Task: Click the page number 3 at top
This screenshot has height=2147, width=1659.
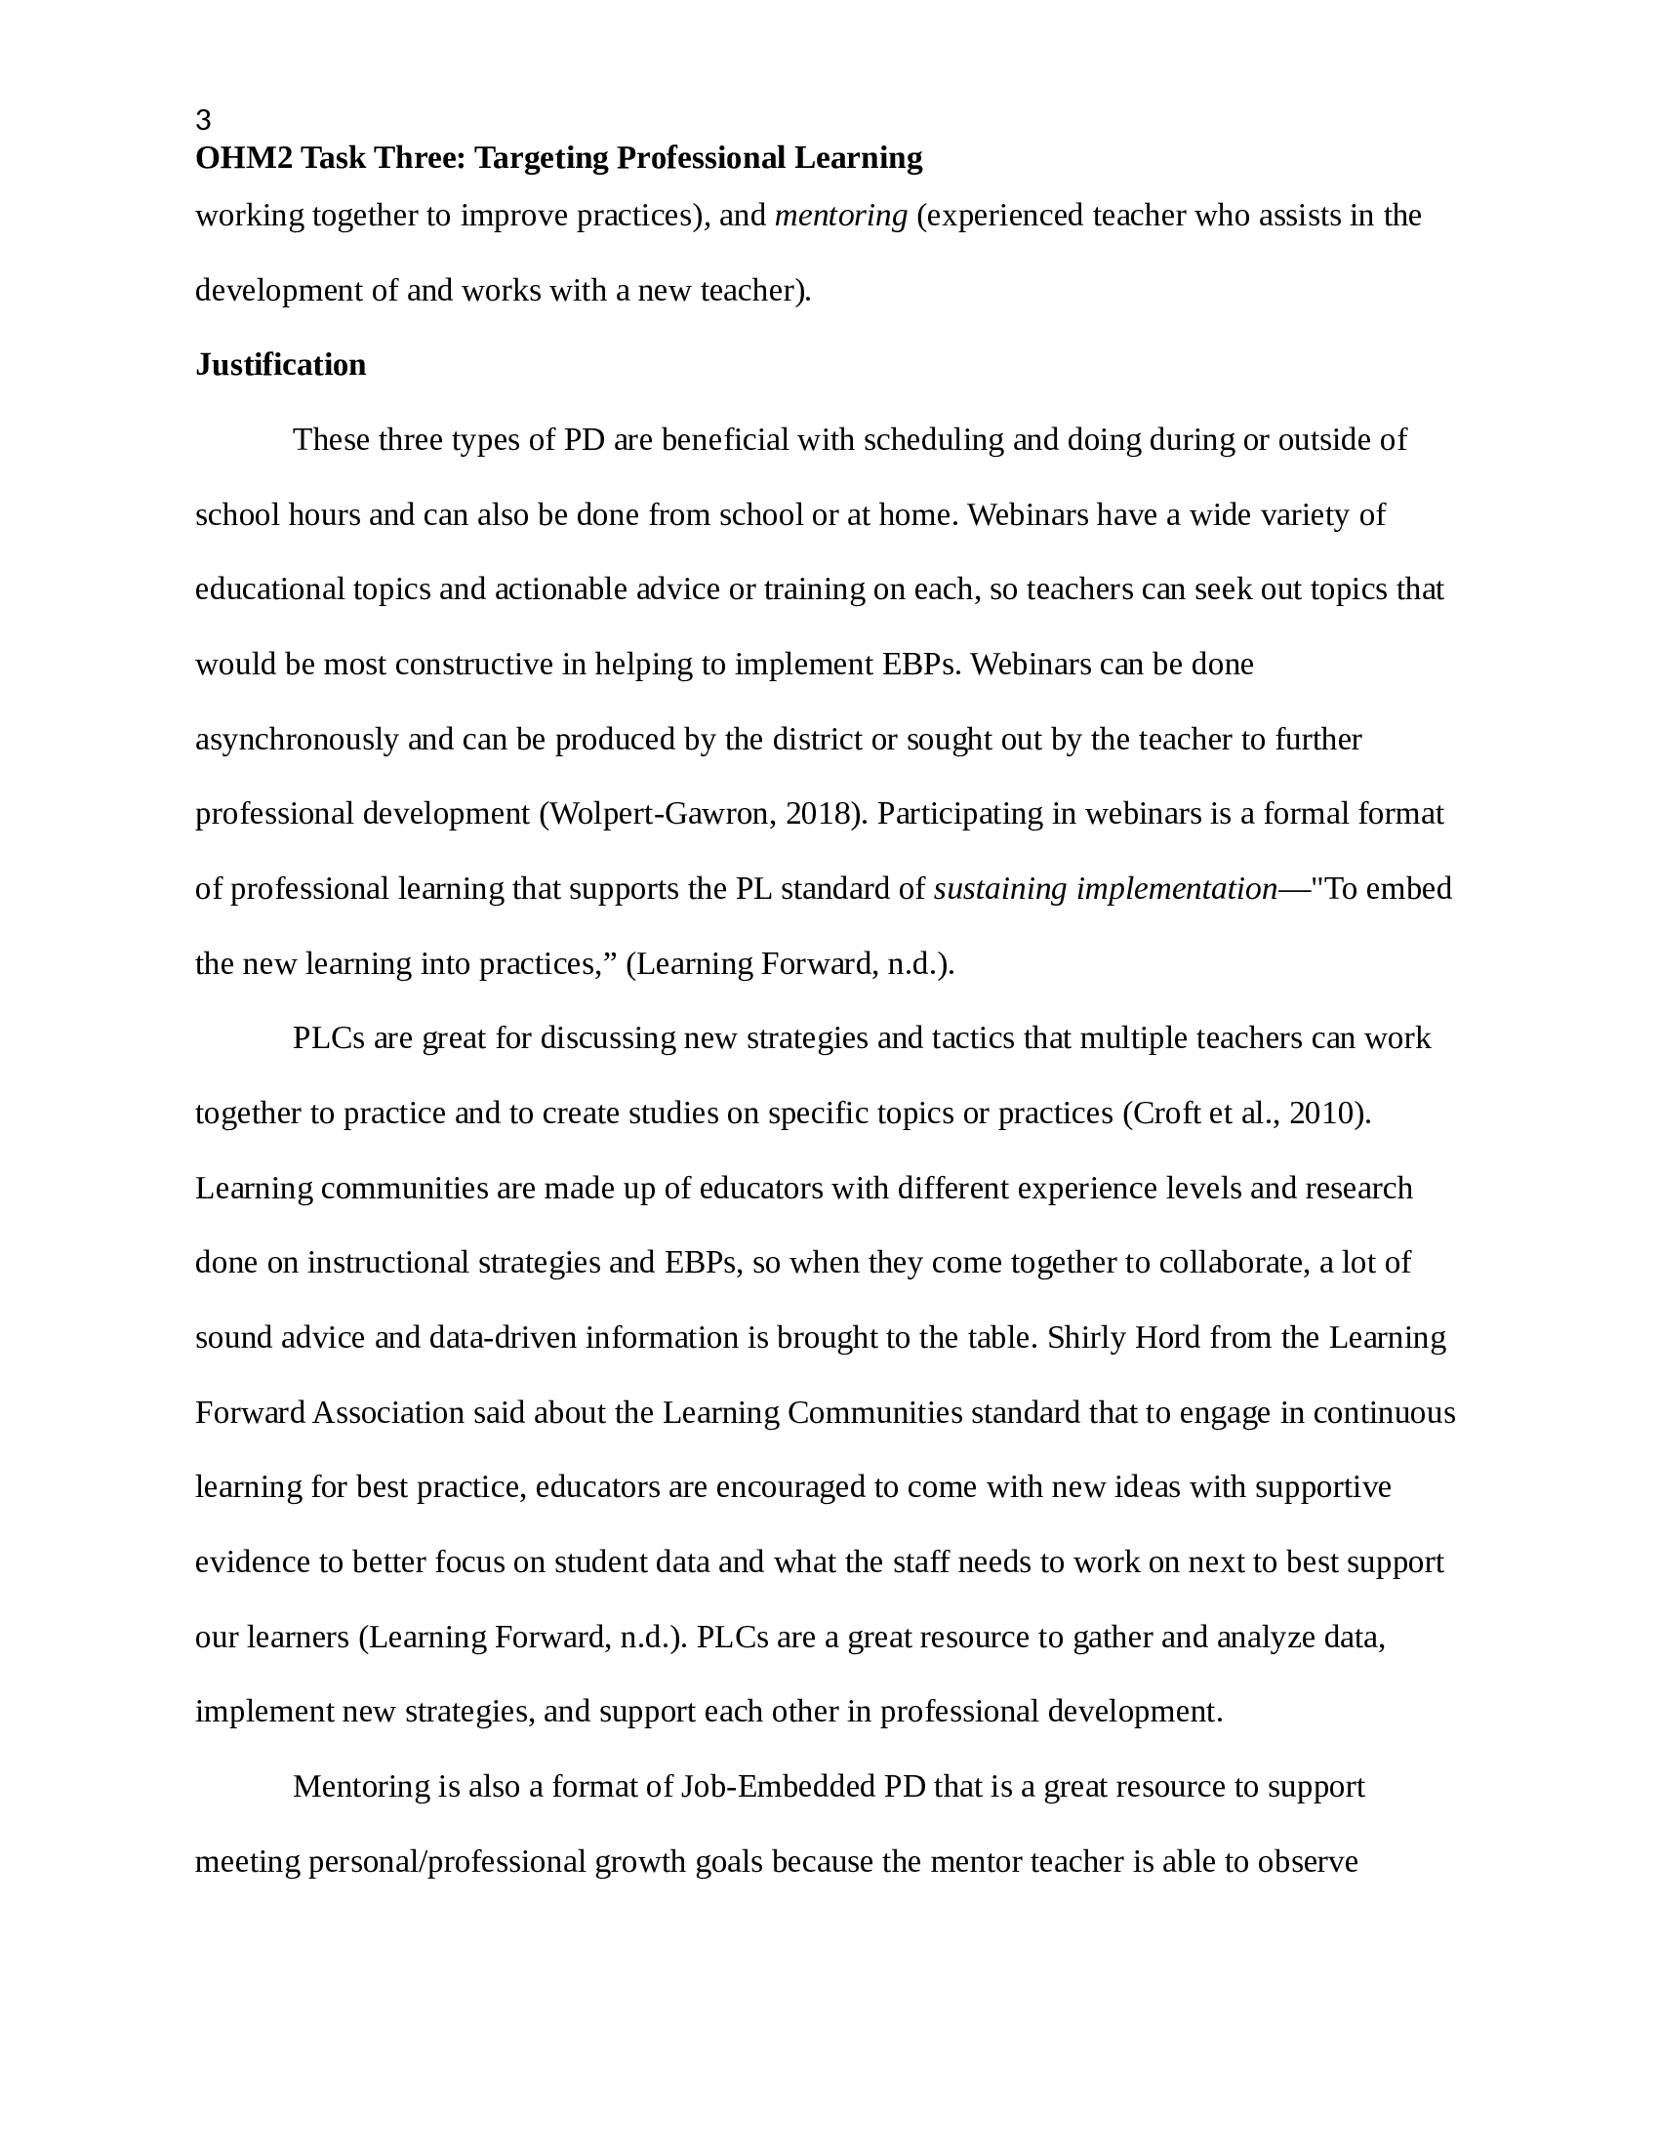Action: click(203, 121)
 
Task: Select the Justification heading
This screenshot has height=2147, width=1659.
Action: click(280, 365)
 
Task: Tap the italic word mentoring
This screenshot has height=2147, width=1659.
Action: click(840, 216)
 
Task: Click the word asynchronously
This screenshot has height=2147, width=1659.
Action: click(297, 740)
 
